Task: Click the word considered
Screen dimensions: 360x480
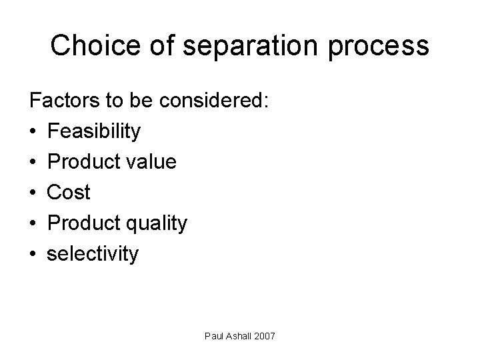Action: [211, 101]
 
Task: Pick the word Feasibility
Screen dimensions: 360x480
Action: [94, 132]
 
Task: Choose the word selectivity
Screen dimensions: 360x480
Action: [93, 254]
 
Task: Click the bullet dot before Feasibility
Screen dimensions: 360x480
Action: [33, 132]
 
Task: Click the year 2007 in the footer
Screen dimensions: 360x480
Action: [263, 336]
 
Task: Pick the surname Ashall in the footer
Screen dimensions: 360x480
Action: [237, 336]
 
